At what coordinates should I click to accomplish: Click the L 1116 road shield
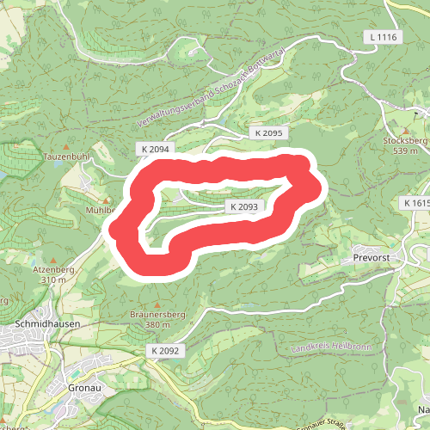coord(384,37)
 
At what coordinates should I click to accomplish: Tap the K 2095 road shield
coord(268,133)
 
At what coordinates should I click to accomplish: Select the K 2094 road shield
coord(155,149)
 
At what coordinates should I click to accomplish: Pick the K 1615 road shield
coord(415,203)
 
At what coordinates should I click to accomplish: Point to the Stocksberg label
coord(404,139)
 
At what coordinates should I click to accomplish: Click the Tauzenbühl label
coord(66,157)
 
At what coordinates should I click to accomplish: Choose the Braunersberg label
coord(157,314)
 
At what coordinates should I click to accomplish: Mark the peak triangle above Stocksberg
coord(404,129)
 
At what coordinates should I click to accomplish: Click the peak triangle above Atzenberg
coord(52,259)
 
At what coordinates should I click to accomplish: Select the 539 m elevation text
coord(405,150)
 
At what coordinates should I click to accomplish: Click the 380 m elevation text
coord(157,325)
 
